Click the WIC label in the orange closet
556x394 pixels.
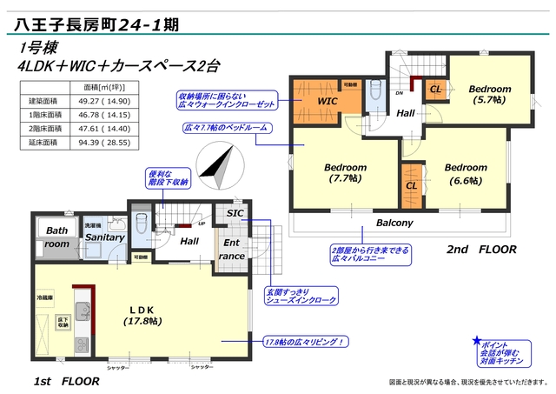[328, 102]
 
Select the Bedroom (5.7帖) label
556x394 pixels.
[489, 95]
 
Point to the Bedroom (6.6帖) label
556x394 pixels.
[465, 174]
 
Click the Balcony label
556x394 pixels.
[394, 224]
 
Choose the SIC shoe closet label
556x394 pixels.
[235, 214]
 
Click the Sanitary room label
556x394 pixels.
[104, 237]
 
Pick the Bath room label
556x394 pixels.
[57, 237]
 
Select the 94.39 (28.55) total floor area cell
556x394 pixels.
[104, 143]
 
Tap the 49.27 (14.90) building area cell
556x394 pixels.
[104, 102]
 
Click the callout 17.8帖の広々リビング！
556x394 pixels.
[305, 342]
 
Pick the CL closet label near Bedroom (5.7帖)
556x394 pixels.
[435, 89]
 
